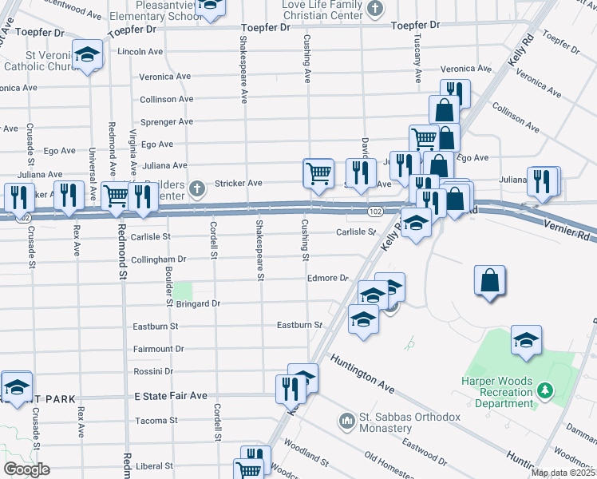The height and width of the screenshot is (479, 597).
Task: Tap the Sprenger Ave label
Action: pos(166,121)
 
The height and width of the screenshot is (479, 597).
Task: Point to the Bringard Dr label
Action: pos(198,304)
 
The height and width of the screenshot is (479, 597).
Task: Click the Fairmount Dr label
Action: pos(158,349)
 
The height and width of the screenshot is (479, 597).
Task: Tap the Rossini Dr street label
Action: pos(164,371)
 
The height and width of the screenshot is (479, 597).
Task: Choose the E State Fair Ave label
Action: pos(170,396)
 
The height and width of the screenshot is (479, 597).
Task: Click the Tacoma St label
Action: pos(156,421)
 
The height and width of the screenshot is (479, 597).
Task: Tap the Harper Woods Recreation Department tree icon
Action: pos(546,390)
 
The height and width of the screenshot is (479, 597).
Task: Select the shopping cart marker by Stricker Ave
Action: pos(318,172)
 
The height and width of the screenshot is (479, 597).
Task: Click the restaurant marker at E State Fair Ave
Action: pos(288,388)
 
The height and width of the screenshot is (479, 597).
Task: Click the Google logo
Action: pos(26,469)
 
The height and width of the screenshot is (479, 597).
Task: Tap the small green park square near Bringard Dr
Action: pos(184,290)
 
